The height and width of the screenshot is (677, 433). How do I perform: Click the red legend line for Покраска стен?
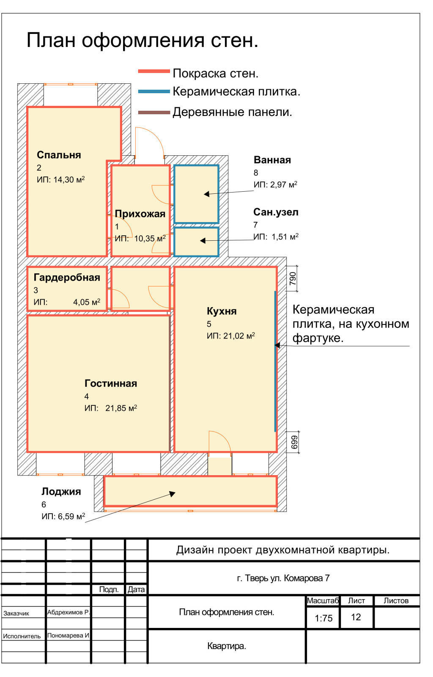154,72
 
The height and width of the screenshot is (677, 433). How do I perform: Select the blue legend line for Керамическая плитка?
154,91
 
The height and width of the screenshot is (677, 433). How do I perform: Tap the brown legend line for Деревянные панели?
154,113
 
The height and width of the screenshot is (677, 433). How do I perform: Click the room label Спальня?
59,155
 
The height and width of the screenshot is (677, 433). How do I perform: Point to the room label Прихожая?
140,214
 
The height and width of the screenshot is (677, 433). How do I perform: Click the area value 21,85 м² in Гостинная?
121,408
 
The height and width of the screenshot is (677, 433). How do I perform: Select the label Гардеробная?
67,278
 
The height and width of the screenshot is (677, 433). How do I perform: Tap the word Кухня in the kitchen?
222,311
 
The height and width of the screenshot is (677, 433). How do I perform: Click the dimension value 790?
293,278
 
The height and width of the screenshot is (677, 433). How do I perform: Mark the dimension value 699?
294,442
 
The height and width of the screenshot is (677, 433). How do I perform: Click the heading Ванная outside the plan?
272,160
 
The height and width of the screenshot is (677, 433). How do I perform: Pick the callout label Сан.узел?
276,212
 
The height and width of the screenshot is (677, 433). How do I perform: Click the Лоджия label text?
61,492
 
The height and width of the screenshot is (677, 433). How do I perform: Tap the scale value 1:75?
323,618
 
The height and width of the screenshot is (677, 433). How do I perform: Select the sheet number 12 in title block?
356,617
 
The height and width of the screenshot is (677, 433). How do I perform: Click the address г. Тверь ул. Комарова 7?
283,578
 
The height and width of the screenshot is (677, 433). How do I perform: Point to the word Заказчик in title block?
16,614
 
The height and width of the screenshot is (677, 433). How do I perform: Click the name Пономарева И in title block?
68,635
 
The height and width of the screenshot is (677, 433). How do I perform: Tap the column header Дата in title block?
136,589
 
